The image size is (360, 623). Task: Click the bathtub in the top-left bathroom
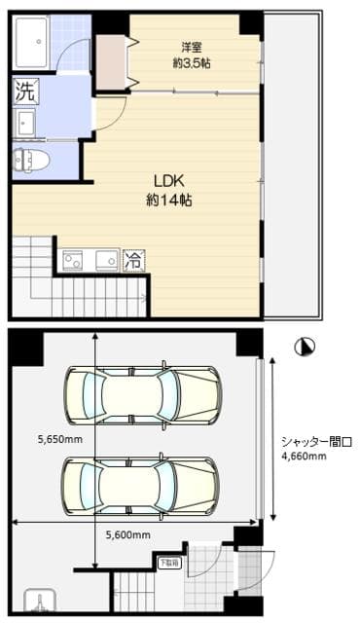pyautogui.click(x=35, y=42)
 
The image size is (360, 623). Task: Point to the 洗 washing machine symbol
pyautogui.click(x=25, y=92)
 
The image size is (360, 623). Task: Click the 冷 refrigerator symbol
pyautogui.click(x=133, y=260)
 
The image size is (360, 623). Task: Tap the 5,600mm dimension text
pyautogui.click(x=126, y=534)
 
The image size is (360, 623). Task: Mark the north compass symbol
pyautogui.click(x=307, y=346)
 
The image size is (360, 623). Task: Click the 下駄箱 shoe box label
pyautogui.click(x=169, y=563)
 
